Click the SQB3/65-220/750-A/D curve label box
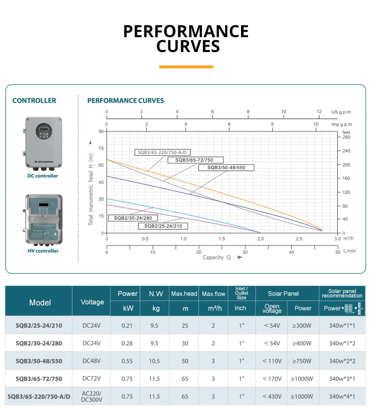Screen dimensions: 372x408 click(x=163, y=152)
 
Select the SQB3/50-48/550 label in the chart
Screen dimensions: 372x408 click(x=226, y=168)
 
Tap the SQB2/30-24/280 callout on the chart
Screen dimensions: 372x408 click(x=133, y=218)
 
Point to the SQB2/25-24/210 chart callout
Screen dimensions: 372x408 click(x=163, y=226)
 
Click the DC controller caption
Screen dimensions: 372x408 click(x=43, y=176)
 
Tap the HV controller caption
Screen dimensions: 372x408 click(x=43, y=251)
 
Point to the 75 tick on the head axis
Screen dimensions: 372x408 click(x=101, y=148)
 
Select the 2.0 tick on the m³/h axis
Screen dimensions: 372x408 click(x=260, y=238)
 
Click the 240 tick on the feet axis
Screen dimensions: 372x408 click(x=346, y=151)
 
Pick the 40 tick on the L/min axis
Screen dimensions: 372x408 click(x=292, y=252)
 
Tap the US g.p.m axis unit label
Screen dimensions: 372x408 click(x=341, y=112)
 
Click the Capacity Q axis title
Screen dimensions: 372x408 click(x=217, y=257)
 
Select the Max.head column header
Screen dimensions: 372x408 click(x=184, y=294)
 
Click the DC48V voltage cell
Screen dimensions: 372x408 click(x=91, y=361)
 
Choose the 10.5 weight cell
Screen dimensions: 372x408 click(x=154, y=361)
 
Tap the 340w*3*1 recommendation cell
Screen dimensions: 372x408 click(x=342, y=379)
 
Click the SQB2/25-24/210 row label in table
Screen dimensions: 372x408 click(x=39, y=326)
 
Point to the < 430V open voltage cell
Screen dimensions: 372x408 click(x=272, y=397)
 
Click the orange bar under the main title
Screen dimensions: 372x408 click(x=186, y=67)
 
